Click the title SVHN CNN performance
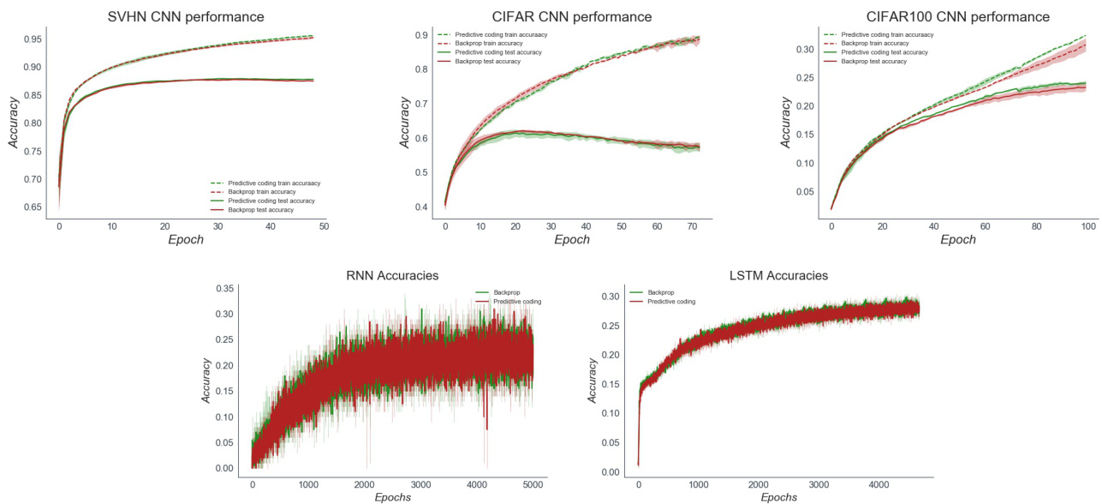tap(185, 16)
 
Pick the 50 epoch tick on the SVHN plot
tap(324, 225)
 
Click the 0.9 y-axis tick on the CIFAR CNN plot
tap(420, 35)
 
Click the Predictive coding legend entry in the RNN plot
tap(519, 302)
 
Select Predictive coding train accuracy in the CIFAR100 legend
tap(887, 34)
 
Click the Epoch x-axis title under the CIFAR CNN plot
tap(572, 240)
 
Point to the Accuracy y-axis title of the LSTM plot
tap(593, 380)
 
